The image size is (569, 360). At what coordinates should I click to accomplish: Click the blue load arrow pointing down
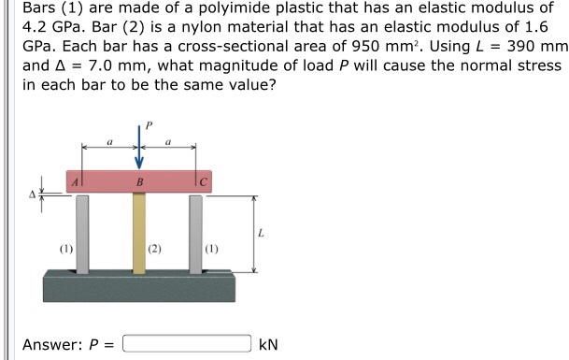(x=139, y=150)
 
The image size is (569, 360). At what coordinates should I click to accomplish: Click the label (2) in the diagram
(x=155, y=250)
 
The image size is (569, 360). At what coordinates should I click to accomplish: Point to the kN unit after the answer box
(x=268, y=343)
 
